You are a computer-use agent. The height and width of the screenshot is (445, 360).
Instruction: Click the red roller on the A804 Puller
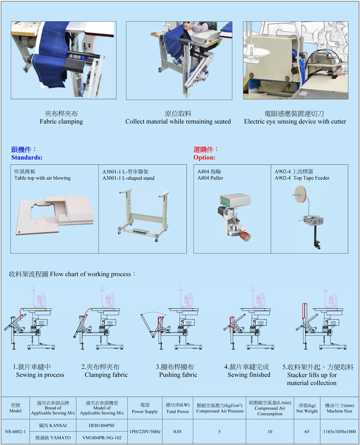(x=245, y=236)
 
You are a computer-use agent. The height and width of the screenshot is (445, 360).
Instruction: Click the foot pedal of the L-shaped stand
(x=140, y=230)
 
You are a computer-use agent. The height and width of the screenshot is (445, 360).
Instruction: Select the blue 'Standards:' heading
(x=27, y=157)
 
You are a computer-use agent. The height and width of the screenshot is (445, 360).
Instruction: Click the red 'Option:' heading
(x=204, y=157)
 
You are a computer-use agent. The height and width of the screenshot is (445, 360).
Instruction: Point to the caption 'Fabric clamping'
(x=61, y=121)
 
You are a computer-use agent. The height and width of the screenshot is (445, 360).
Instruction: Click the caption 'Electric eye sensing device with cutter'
(x=295, y=121)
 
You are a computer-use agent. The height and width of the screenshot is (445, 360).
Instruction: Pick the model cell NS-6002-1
(x=15, y=431)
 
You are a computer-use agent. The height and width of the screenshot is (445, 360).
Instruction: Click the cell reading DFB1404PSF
(x=102, y=426)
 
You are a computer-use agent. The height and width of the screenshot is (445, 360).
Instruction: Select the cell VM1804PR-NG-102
(x=102, y=438)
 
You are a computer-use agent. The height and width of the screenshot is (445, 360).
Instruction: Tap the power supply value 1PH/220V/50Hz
(x=145, y=431)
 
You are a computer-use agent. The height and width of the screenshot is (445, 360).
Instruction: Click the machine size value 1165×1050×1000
(x=339, y=431)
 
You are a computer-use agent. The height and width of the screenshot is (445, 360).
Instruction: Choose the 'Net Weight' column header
(x=307, y=411)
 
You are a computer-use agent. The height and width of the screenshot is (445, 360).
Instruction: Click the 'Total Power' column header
(x=178, y=411)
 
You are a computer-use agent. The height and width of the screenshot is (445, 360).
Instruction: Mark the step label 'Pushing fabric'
(x=178, y=374)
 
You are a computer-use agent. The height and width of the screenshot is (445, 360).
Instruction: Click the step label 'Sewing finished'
(x=249, y=374)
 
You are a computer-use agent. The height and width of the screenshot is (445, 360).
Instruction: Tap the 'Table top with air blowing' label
(x=42, y=178)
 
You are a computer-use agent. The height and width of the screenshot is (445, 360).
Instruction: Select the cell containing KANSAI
(x=53, y=426)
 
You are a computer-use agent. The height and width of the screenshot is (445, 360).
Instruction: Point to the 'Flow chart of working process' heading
(x=90, y=274)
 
